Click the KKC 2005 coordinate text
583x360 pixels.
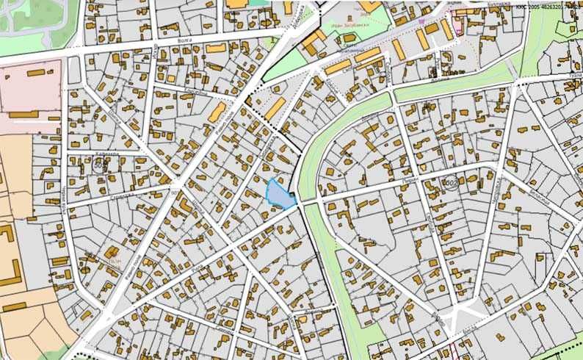click(x=548, y=6)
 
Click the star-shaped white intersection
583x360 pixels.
click(x=460, y=317)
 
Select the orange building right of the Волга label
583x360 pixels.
click(x=217, y=48)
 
